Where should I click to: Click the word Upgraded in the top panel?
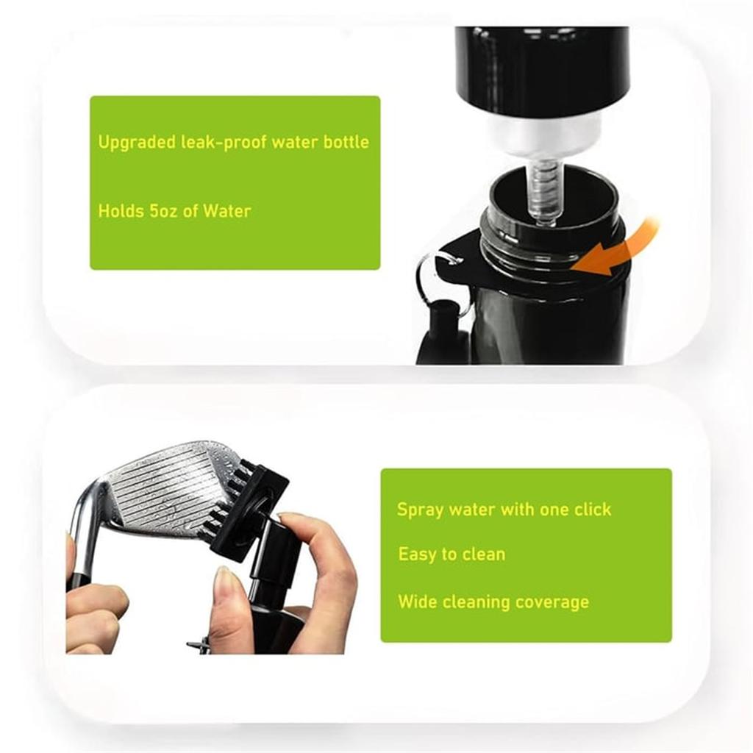[137, 143]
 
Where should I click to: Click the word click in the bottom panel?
[590, 510]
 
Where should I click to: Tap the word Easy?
[417, 554]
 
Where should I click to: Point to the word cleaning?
[474, 602]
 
